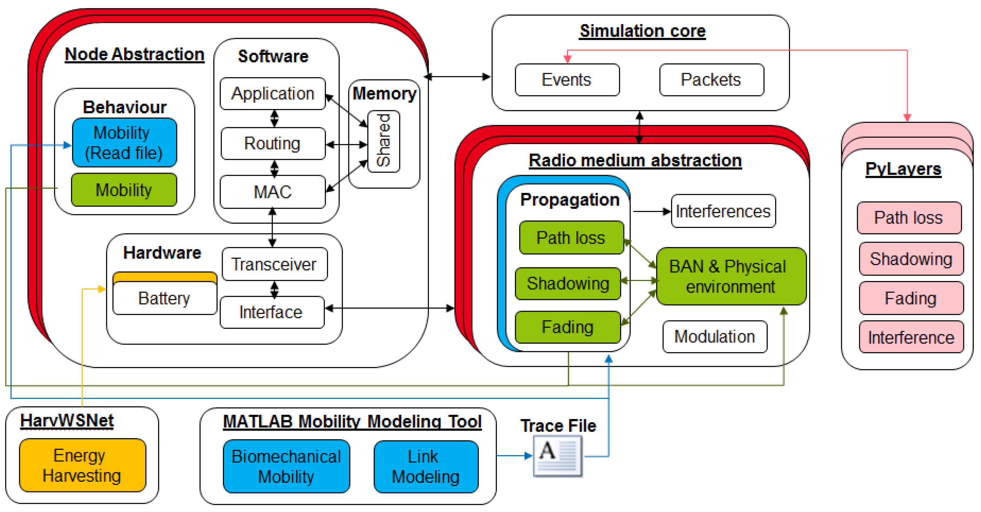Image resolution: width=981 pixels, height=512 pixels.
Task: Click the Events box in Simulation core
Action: pos(567,80)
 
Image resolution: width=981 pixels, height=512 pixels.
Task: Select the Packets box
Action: pos(711,80)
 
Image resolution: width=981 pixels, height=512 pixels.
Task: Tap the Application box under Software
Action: pos(273,94)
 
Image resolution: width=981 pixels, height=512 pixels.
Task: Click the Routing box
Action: pos(273,144)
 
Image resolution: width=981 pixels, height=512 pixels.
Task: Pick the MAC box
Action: pos(273,191)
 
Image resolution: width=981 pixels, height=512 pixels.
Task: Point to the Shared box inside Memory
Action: pos(384,141)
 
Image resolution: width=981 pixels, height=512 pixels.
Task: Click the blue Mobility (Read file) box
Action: pos(124,143)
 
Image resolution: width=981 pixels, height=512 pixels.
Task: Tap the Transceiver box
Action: pos(274,264)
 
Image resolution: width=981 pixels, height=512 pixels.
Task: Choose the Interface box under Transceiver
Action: pos(272,312)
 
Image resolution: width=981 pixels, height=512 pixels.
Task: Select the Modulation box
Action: pos(715,337)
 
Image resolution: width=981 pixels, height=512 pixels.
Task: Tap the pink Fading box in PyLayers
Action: pos(911,298)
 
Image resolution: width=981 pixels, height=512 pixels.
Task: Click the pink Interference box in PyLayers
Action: pos(911,337)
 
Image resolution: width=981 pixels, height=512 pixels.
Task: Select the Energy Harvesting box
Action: pos(82,465)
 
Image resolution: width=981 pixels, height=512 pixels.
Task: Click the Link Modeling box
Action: pos(426,467)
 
